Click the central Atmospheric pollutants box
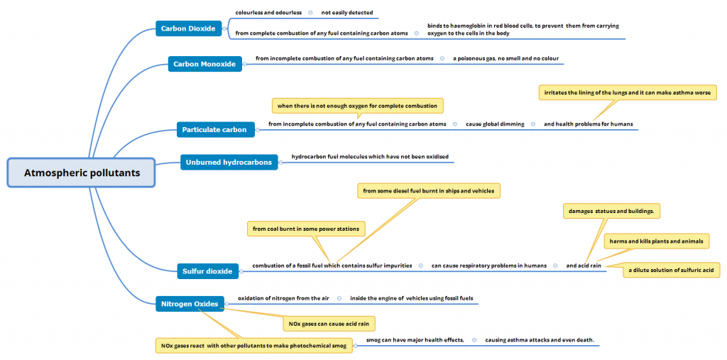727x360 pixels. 82,173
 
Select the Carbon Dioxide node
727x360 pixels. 187,28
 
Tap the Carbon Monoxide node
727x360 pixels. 204,64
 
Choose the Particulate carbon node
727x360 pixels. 214,129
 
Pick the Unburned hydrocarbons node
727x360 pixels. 229,162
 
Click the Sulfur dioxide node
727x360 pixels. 207,271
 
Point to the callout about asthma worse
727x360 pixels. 627,93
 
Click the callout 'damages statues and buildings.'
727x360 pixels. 611,212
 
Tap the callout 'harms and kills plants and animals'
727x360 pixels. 656,241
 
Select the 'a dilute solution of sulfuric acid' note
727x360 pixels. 671,270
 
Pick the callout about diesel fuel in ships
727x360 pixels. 428,190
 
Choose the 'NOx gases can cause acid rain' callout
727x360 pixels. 329,324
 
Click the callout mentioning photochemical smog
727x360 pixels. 253,346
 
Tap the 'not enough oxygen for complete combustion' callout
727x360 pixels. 357,106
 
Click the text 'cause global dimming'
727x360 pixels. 495,124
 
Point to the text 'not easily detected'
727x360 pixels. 346,13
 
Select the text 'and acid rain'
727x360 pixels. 584,266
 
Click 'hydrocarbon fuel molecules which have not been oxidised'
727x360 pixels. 370,156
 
